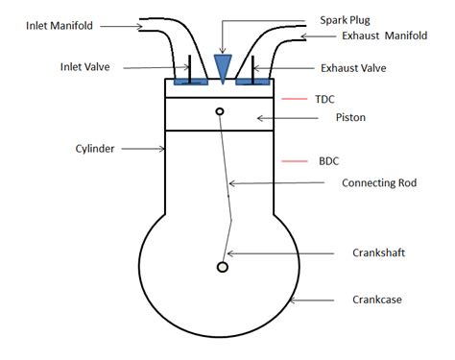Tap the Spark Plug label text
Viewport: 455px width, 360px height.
tap(345, 19)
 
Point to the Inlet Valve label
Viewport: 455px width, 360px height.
tap(86, 67)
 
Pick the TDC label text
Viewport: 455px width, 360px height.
tap(325, 98)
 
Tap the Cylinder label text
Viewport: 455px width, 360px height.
tap(95, 149)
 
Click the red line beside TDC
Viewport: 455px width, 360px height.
tap(293, 98)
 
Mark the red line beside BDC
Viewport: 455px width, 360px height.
tap(293, 160)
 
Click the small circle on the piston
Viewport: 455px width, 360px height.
tap(221, 112)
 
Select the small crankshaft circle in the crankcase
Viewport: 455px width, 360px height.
tap(223, 266)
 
